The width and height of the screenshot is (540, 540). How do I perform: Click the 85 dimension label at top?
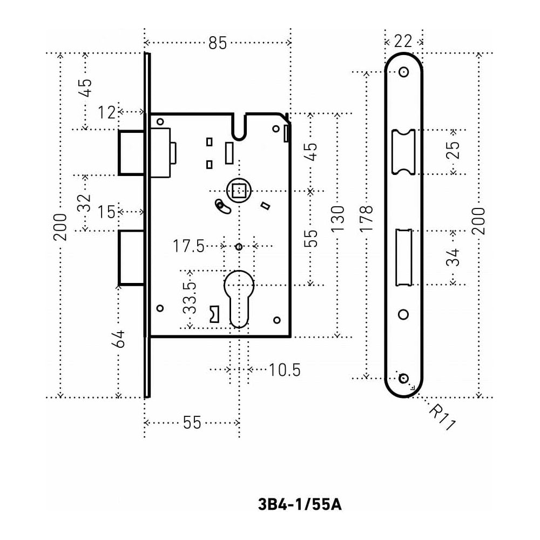tap(218, 43)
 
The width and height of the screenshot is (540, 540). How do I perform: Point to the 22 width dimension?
tap(403, 40)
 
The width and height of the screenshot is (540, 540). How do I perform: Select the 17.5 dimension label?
tap(188, 247)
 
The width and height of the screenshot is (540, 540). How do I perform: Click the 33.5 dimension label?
tap(189, 298)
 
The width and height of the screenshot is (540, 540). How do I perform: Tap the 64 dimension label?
tap(119, 339)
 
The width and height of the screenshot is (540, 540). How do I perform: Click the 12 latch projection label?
tap(107, 112)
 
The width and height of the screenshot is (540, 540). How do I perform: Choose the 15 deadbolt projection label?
tap(107, 212)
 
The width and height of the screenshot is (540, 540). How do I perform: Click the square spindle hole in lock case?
tap(239, 190)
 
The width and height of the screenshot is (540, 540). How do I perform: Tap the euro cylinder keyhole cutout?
tap(238, 297)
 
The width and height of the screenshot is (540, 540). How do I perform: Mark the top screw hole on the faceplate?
tap(403, 72)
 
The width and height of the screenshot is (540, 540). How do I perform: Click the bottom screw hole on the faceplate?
tap(403, 378)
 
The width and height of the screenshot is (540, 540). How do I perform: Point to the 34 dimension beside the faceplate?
tap(454, 257)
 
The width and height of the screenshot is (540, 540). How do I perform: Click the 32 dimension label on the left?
tap(84, 203)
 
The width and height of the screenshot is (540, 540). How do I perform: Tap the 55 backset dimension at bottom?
tap(192, 423)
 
